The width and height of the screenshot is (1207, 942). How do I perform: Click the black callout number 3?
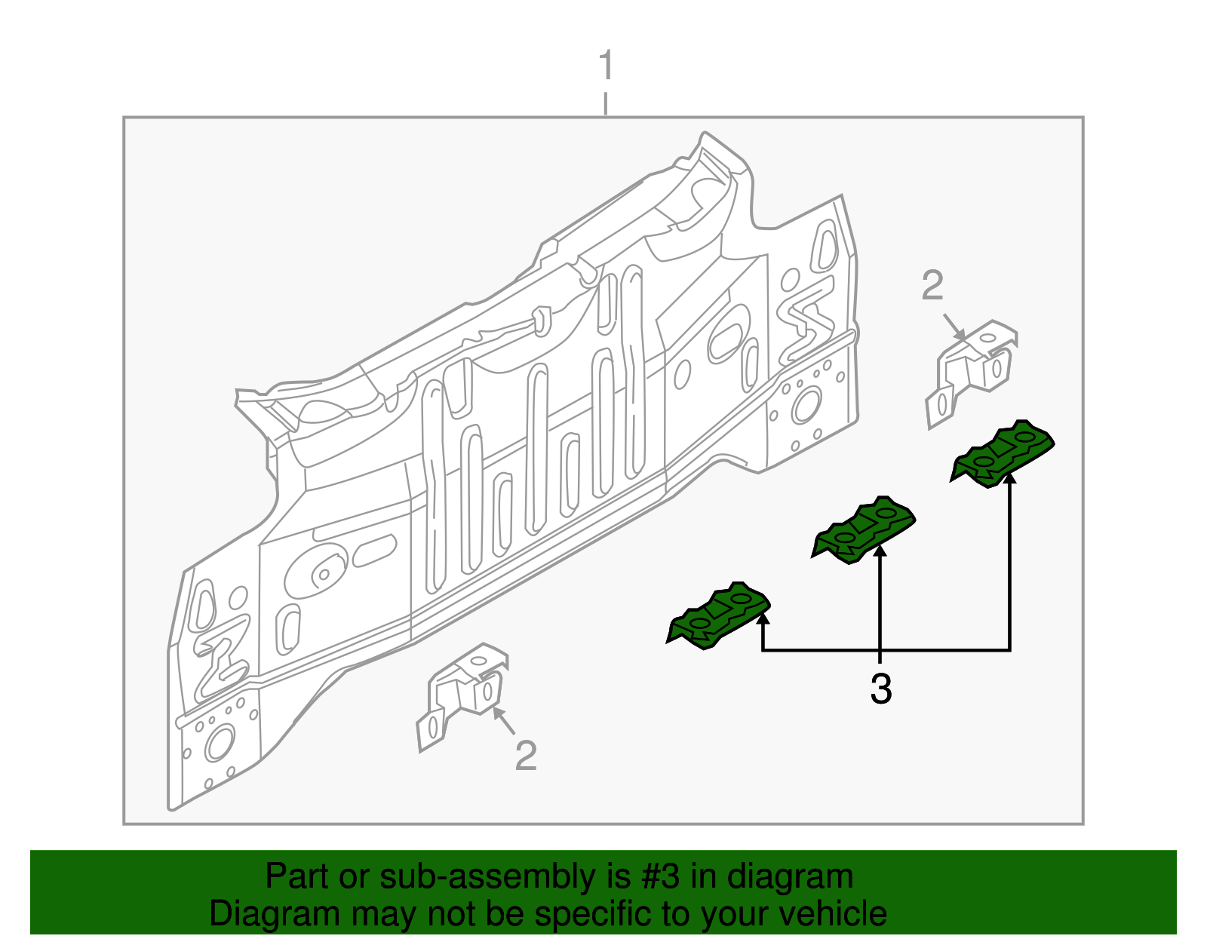pyautogui.click(x=880, y=689)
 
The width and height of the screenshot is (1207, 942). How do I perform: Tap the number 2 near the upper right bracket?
pyautogui.click(x=932, y=287)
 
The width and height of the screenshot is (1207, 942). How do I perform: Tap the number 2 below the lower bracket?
pyautogui.click(x=526, y=756)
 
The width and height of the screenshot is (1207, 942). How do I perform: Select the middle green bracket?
pyautogui.click(x=864, y=529)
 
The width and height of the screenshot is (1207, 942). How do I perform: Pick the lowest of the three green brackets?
pyautogui.click(x=719, y=615)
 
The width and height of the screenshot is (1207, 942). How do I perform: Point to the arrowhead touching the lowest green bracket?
pyautogui.click(x=763, y=618)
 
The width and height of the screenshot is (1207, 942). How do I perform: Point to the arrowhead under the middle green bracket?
pyautogui.click(x=880, y=551)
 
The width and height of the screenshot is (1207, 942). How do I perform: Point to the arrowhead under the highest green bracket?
pyautogui.click(x=1009, y=478)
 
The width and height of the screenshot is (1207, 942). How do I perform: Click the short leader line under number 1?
pyautogui.click(x=606, y=103)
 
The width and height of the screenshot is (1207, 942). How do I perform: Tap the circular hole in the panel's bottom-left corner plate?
pyautogui.click(x=220, y=744)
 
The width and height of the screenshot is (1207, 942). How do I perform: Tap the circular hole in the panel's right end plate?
pyautogui.click(x=805, y=405)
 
